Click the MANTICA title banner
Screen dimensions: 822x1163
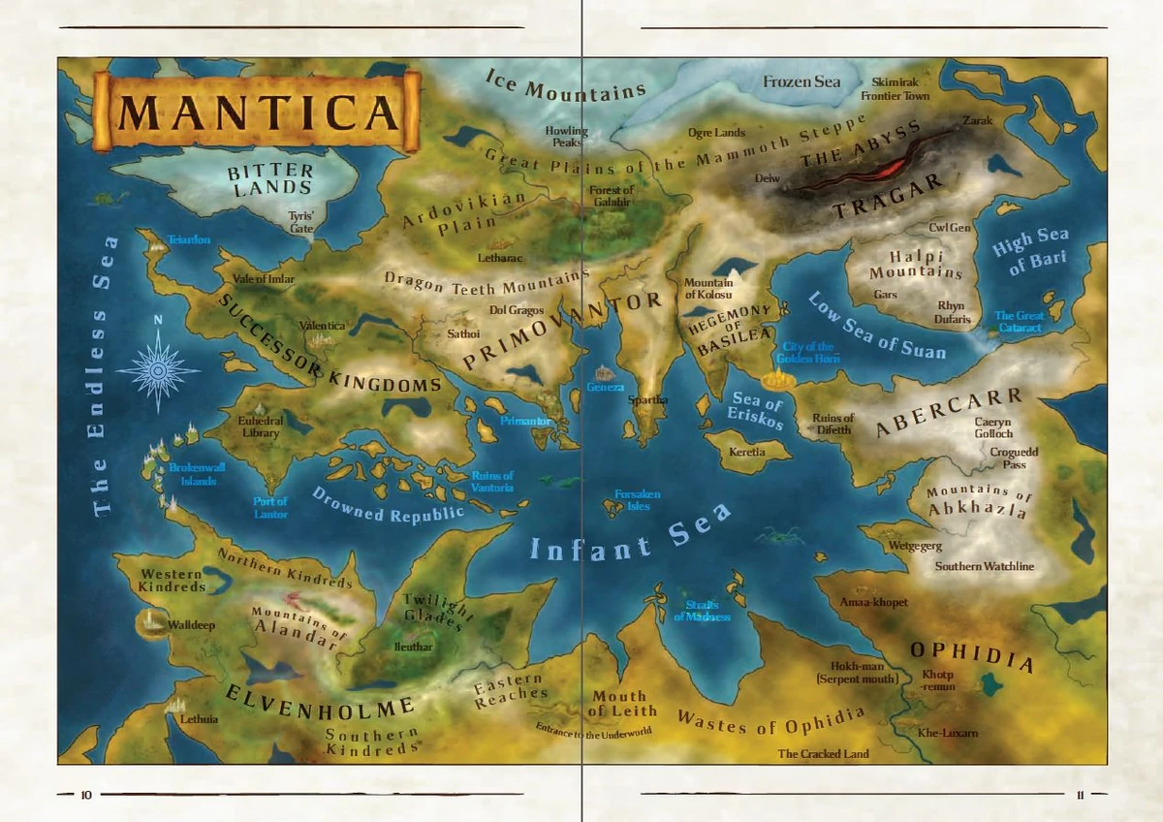[257, 111]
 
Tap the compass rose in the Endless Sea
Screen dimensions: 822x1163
[158, 369]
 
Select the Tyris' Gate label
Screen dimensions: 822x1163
[303, 222]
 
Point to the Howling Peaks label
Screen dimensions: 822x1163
[566, 137]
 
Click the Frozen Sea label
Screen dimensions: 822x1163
[802, 81]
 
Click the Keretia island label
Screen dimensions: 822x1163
[747, 452]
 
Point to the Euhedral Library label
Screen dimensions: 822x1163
[259, 427]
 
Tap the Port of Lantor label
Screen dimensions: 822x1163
[270, 507]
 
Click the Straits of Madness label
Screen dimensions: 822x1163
[702, 611]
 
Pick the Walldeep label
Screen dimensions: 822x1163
[191, 625]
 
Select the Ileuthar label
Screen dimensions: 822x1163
[414, 646]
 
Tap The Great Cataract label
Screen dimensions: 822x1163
[1018, 322]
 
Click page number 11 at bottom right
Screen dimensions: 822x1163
[1081, 795]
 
